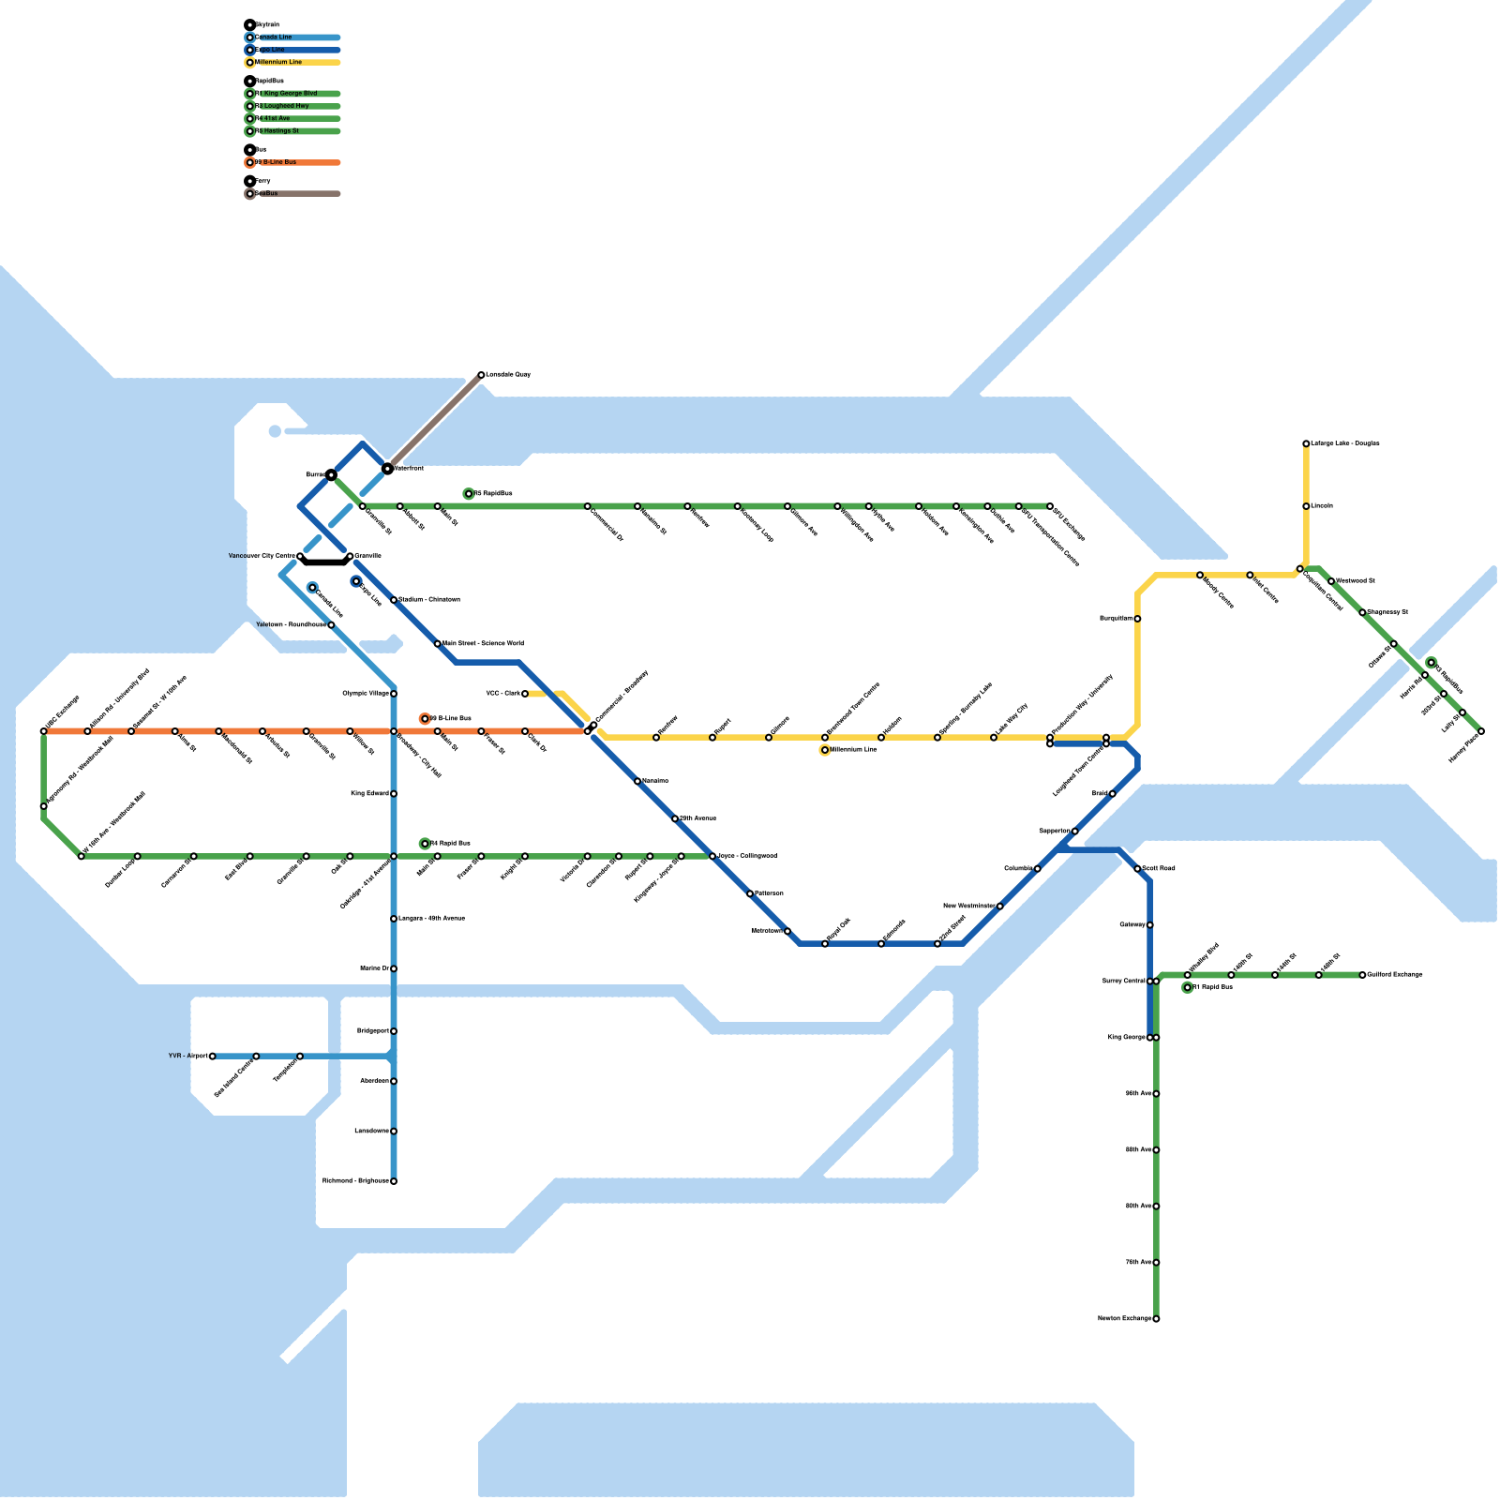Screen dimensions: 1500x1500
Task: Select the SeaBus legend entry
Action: (266, 194)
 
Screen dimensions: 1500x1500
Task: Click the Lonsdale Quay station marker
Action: (481, 375)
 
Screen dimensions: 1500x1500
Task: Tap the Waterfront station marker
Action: (387, 468)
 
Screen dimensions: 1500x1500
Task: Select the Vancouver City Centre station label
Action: (262, 556)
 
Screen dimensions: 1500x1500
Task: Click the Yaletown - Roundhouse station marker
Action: (331, 625)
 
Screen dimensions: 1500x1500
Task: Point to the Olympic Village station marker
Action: (394, 694)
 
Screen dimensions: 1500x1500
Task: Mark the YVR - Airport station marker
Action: (213, 1057)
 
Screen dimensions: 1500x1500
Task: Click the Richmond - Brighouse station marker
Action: (394, 1181)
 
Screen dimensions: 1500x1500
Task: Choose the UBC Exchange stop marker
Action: (44, 731)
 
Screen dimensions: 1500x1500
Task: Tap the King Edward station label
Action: (369, 794)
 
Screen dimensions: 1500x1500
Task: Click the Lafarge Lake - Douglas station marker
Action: (1306, 443)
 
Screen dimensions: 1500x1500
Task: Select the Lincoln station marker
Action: (1306, 506)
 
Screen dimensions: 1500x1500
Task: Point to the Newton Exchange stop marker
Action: (1156, 1319)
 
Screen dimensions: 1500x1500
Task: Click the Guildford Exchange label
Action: (1395, 975)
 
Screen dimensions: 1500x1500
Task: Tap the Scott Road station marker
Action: (1137, 869)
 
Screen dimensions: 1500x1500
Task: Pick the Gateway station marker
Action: (1150, 925)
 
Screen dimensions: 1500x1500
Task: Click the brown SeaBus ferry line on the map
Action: (434, 422)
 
